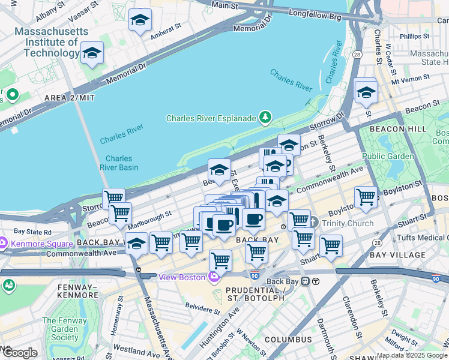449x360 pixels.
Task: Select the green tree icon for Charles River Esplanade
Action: pos(264,118)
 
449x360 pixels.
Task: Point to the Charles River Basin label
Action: pos(119,163)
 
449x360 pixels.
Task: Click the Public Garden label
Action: pos(388,156)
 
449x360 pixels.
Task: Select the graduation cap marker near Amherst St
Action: pos(140,20)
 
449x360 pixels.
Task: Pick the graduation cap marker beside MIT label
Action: pos(92,53)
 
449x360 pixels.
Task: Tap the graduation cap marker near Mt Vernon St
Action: pos(366,92)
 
